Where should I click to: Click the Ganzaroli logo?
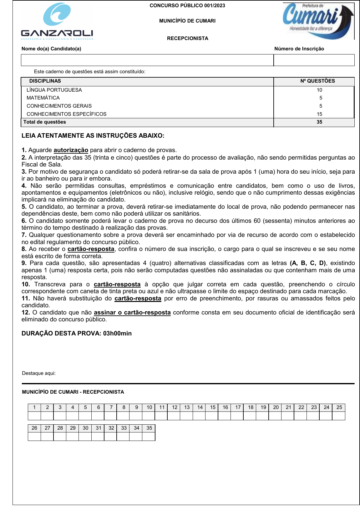57,22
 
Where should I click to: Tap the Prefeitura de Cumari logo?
318,21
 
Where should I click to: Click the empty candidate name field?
147,60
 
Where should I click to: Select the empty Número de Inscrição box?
314,60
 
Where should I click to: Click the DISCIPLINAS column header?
45,81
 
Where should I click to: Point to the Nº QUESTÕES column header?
317,81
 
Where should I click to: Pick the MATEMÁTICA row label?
43,98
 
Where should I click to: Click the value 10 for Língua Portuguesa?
319,90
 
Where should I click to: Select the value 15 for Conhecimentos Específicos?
319,114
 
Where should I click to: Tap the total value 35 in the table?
319,122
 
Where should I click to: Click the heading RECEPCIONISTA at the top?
187,38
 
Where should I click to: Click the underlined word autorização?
71,150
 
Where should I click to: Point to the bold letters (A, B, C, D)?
308,263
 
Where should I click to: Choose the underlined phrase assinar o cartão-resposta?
132,313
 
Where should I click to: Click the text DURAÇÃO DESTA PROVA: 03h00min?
77,334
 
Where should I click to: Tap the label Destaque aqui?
39,373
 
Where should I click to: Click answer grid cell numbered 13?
187,407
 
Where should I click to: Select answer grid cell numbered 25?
339,407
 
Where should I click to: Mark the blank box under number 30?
85,436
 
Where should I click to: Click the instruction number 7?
24,235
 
